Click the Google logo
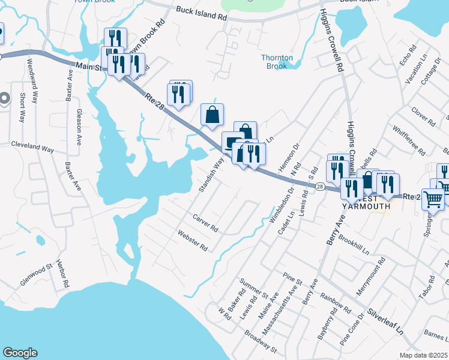click(x=20, y=353)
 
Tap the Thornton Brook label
click(x=277, y=62)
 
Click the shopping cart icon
click(x=433, y=199)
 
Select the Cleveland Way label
click(x=32, y=146)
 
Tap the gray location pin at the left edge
click(x=5, y=99)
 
